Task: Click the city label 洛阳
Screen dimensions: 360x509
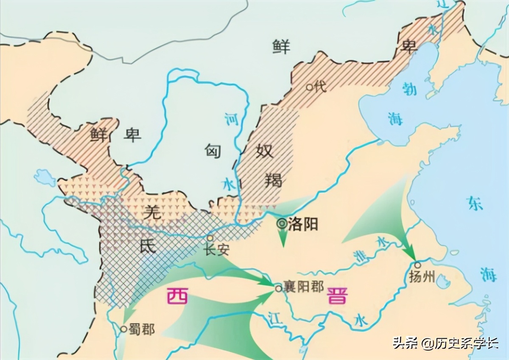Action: point(302,224)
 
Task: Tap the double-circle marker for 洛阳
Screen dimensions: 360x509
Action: point(282,223)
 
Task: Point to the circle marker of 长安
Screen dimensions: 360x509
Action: point(210,238)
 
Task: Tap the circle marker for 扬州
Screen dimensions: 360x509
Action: point(417,265)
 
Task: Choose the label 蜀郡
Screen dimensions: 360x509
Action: point(143,329)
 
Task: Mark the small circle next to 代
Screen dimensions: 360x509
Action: point(310,87)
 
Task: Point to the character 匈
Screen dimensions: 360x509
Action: point(213,150)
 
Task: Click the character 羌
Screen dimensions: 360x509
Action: point(152,211)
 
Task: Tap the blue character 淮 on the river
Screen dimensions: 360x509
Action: point(359,255)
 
